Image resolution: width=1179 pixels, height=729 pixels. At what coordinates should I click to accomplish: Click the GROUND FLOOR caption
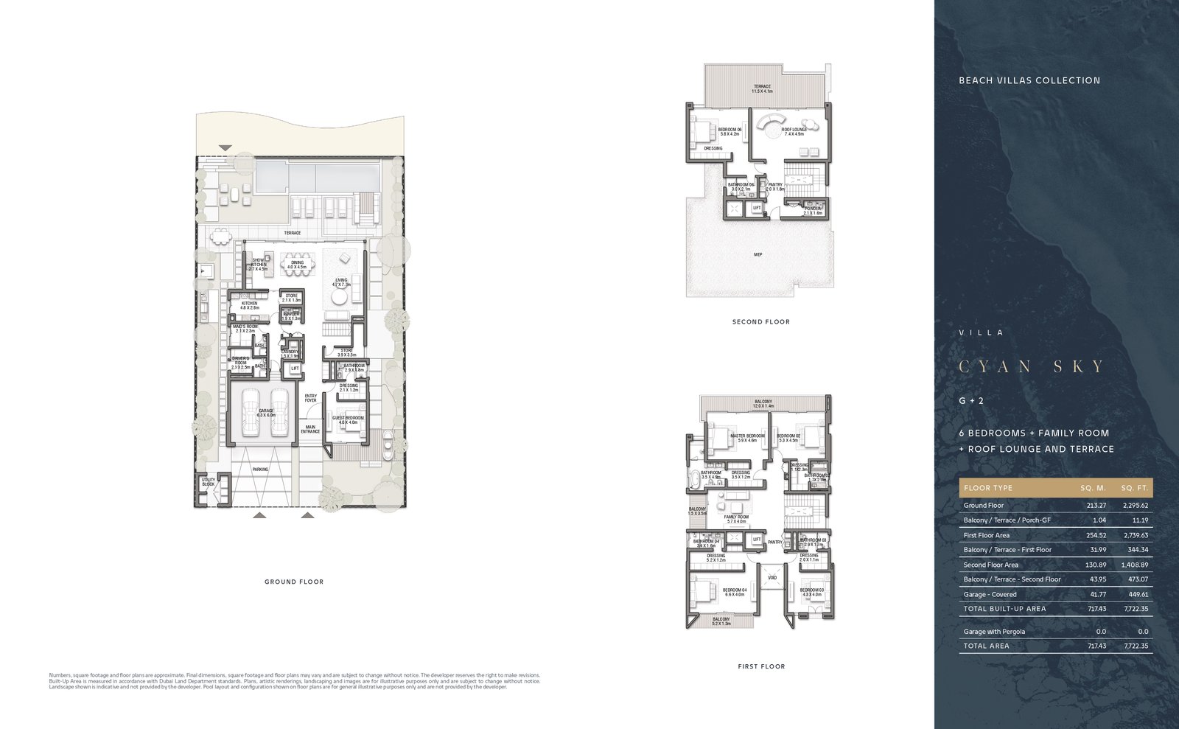coord(294,582)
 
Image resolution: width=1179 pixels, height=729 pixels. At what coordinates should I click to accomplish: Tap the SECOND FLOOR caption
coord(760,321)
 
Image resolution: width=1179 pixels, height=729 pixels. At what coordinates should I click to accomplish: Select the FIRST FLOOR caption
coord(761,666)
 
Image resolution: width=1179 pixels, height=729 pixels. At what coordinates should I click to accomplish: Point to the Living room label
coord(341,282)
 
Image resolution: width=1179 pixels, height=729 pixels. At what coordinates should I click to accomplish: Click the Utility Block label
coord(209,482)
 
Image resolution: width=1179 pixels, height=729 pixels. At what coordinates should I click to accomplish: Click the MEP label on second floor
coord(758,254)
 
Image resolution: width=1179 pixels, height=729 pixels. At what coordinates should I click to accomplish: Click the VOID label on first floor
coord(772,577)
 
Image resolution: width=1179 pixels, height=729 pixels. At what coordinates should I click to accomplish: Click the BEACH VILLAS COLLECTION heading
coord(1029,80)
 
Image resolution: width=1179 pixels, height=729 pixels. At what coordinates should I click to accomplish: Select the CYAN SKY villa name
coord(1032,366)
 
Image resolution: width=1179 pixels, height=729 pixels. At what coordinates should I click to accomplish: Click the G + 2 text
coord(970,401)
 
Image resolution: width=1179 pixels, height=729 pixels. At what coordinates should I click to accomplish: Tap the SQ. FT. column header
coord(1134,488)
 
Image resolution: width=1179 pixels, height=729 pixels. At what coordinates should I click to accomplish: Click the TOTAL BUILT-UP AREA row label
coord(1004,609)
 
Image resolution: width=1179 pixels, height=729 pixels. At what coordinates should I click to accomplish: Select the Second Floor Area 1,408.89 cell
coord(1133,565)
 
